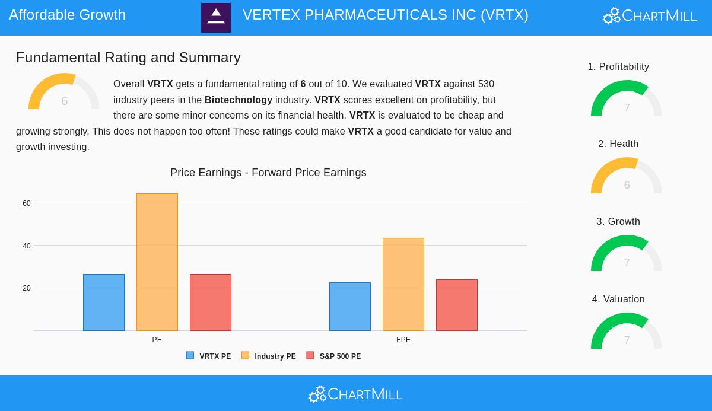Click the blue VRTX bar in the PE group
click(x=104, y=302)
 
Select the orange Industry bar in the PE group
click(x=157, y=262)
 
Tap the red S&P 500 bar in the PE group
click(x=211, y=302)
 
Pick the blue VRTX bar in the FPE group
click(x=350, y=307)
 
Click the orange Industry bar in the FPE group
click(x=403, y=285)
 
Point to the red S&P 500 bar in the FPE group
click(x=457, y=305)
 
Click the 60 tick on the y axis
click(x=27, y=203)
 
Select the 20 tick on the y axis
click(x=27, y=288)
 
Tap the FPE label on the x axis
click(x=403, y=340)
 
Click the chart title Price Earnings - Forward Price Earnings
click(x=268, y=173)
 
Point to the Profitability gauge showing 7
click(x=627, y=100)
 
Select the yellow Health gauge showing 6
click(x=627, y=177)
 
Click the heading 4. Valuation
click(x=618, y=300)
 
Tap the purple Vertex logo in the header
click(x=216, y=18)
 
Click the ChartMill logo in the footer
click(x=355, y=394)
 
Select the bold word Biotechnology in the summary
click(x=239, y=100)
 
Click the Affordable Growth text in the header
click(x=67, y=15)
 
